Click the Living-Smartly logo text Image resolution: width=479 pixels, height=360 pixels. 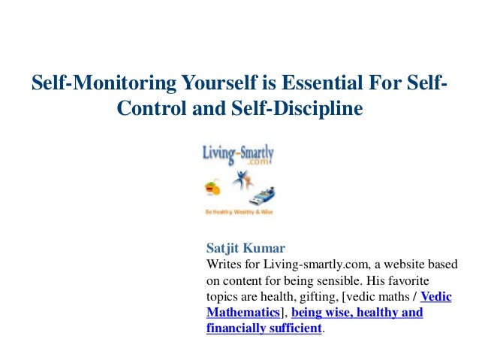[x=239, y=153]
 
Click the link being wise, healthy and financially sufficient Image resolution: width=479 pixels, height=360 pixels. [x=357, y=312]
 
